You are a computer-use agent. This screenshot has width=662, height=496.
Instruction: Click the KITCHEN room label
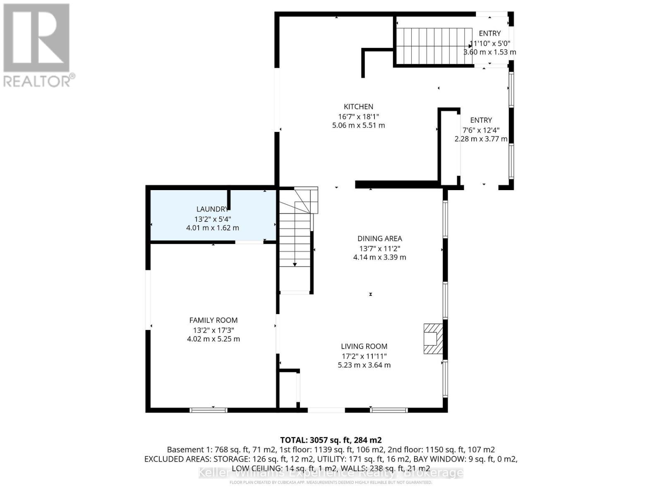pos(358,107)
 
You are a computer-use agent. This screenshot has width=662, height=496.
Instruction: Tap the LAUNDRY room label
pos(212,210)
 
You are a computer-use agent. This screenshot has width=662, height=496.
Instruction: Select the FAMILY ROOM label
pos(213,320)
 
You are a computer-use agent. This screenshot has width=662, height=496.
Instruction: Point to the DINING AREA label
pos(379,238)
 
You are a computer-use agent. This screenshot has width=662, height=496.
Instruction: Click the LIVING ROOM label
pos(364,346)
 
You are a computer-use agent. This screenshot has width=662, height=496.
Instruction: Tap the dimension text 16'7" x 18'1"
pos(358,116)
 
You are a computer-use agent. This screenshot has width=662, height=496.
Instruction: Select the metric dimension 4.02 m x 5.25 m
pos(213,339)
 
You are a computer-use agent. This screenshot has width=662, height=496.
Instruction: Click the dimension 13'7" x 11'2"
pos(379,248)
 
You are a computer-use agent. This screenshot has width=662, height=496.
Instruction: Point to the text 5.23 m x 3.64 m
pos(364,365)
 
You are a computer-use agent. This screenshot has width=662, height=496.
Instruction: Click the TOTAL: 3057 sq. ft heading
pos(331,440)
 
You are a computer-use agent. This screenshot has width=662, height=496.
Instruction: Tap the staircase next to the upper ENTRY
pos(434,46)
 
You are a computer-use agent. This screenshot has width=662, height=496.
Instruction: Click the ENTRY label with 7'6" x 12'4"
pos(481,120)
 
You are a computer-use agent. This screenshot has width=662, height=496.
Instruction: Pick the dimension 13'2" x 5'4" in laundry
pos(212,219)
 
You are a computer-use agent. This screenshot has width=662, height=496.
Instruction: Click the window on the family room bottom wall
pos(208,410)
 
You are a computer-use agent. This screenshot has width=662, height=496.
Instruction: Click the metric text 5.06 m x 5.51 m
pos(358,125)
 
